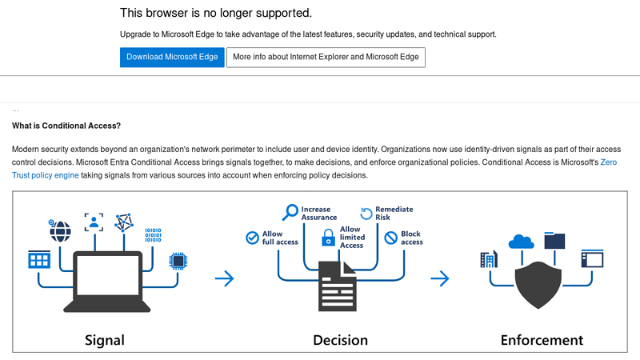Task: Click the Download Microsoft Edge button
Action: click(x=172, y=58)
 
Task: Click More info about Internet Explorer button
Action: click(x=326, y=58)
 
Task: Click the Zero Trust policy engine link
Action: click(x=45, y=175)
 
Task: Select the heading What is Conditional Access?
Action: click(x=66, y=126)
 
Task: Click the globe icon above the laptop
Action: click(x=60, y=232)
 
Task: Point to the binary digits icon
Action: click(x=153, y=234)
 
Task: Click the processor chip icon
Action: click(x=177, y=261)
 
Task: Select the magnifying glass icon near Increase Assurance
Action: click(x=290, y=213)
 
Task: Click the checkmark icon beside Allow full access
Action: click(x=253, y=237)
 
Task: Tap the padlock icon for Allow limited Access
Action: click(x=328, y=238)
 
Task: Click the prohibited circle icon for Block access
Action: click(x=390, y=238)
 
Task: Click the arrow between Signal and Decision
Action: click(x=225, y=278)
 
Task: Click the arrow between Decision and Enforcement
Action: click(x=439, y=278)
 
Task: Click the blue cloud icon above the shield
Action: click(x=521, y=241)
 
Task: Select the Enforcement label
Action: click(x=542, y=340)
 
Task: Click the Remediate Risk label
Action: click(x=394, y=213)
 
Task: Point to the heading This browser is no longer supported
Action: click(x=216, y=13)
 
